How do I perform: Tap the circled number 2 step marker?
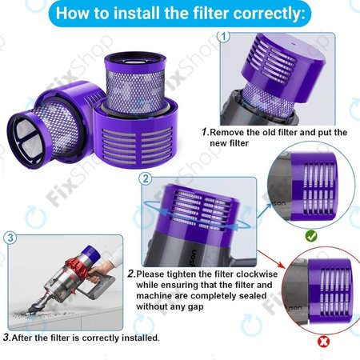pyautogui.click(x=145, y=178)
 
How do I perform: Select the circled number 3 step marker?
pyautogui.click(x=10, y=238)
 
